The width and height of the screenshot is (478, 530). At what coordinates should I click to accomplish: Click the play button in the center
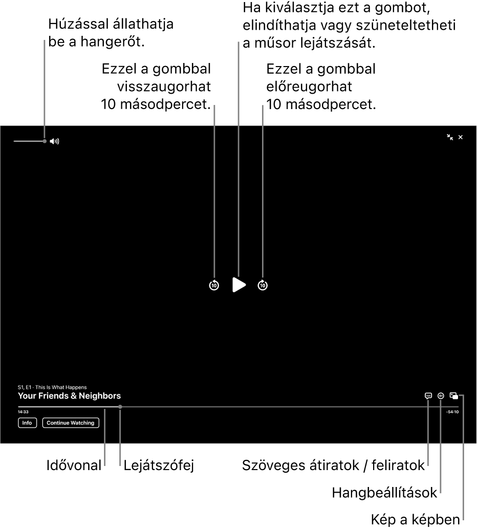pos(239,285)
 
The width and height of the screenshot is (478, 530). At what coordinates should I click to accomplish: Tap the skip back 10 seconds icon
pos(214,285)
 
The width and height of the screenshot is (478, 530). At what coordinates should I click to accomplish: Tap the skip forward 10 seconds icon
pos(263,285)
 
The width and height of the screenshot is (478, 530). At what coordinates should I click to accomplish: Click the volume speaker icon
pos(55,141)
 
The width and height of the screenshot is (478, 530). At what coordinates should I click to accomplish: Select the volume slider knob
pos(45,141)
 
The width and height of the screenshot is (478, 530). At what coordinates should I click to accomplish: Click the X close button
pos(461,137)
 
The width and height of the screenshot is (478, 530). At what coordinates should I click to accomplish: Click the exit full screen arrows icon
pos(450,137)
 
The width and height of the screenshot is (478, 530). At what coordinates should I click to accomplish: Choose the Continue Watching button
pos(71,423)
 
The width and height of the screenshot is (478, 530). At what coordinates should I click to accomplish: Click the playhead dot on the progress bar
pos(120,407)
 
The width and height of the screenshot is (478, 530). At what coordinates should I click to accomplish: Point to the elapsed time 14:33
pos(23,412)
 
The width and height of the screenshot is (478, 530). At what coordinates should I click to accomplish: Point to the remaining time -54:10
pos(452,412)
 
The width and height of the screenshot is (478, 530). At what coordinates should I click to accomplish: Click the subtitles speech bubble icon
pos(428,396)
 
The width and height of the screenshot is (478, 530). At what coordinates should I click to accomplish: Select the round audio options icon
pos(441,396)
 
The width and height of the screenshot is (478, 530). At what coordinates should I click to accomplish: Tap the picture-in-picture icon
pos(454,396)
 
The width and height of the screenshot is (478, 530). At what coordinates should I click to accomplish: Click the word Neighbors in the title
pos(100,396)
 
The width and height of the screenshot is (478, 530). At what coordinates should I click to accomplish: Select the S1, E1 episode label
pos(25,388)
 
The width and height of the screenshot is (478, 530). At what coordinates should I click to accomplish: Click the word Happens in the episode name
pos(76,388)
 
